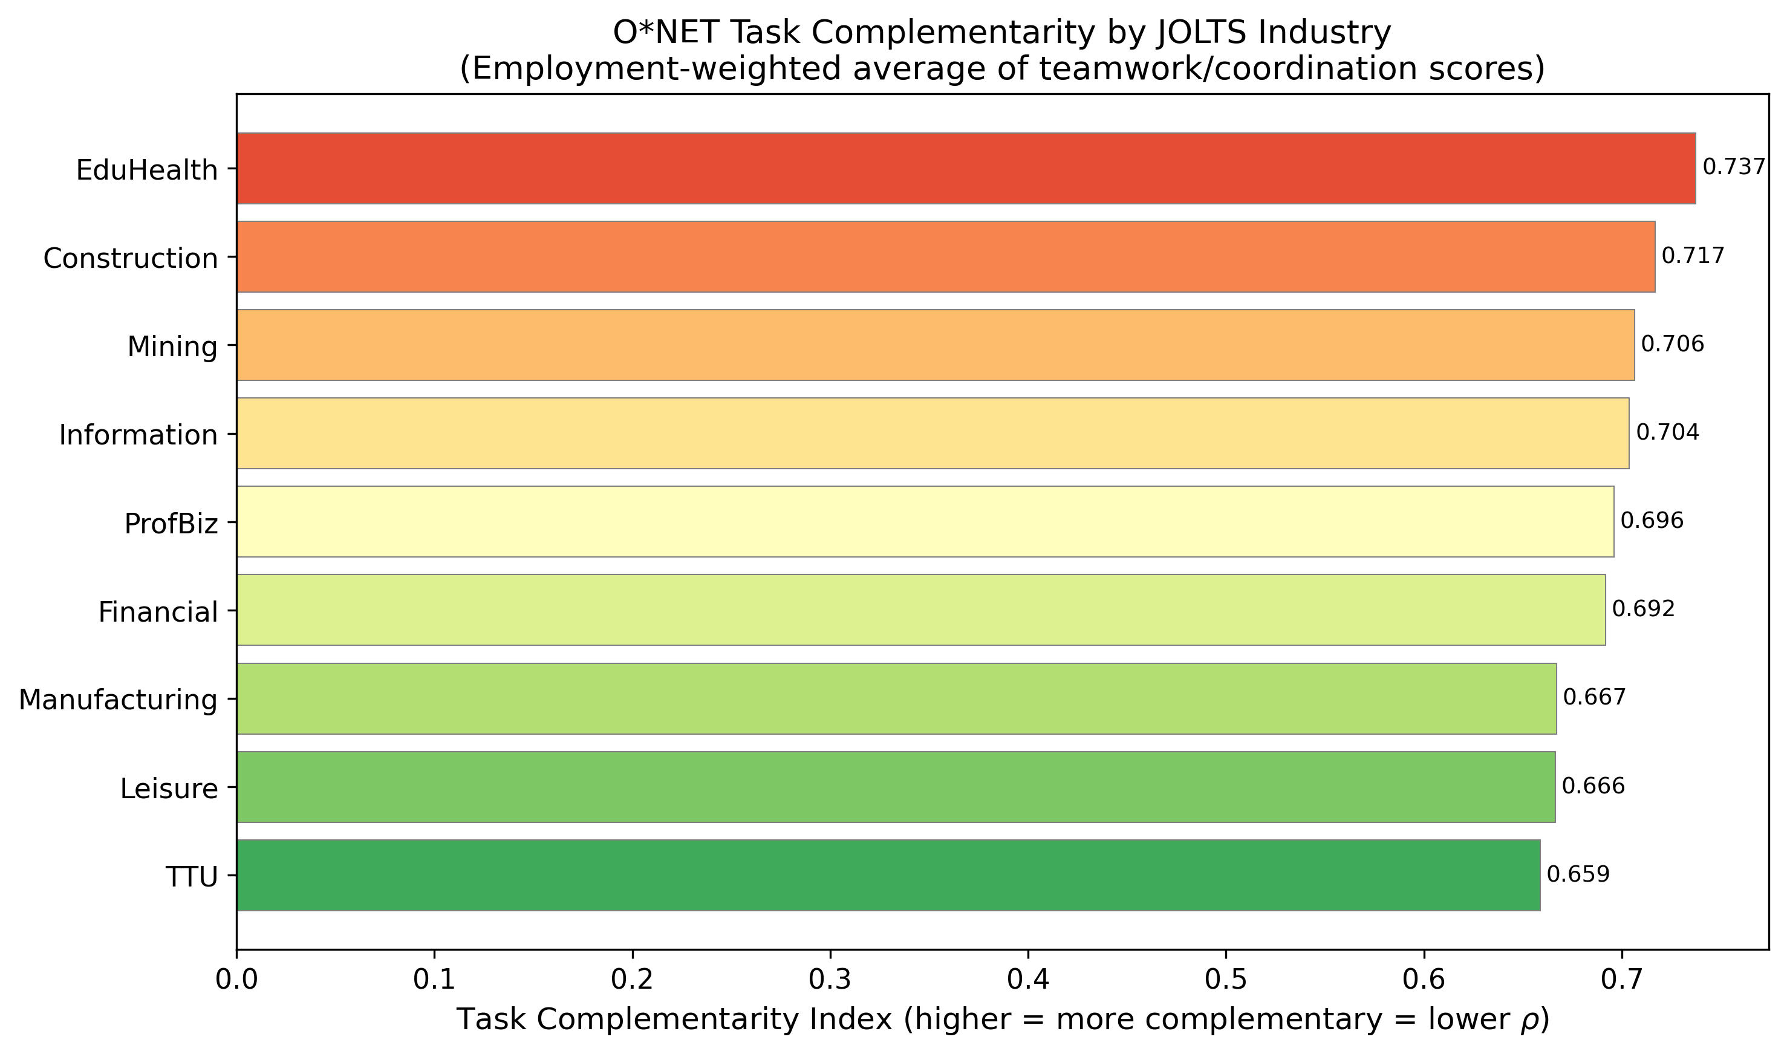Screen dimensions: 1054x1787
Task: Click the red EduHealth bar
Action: (966, 168)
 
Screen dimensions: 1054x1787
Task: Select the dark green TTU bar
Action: (888, 875)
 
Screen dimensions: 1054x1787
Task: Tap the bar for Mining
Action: (936, 345)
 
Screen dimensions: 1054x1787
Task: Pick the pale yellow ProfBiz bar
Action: (925, 521)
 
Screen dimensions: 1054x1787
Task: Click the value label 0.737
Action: (1733, 168)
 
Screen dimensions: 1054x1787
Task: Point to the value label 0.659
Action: (1578, 874)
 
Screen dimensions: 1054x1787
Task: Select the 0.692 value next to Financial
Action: (1643, 610)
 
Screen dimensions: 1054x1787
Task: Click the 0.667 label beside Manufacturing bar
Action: (1594, 697)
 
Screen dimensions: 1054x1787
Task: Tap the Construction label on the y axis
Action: (131, 259)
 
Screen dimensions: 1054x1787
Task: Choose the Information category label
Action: (138, 435)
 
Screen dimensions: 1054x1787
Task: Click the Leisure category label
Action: (169, 789)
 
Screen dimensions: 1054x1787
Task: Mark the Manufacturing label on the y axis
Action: (118, 700)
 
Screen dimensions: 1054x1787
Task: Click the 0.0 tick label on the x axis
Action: (236, 980)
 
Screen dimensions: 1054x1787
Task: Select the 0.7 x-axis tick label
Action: (1621, 980)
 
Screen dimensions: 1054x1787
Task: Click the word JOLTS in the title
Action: (1199, 33)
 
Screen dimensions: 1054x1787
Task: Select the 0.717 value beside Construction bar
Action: (1693, 256)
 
